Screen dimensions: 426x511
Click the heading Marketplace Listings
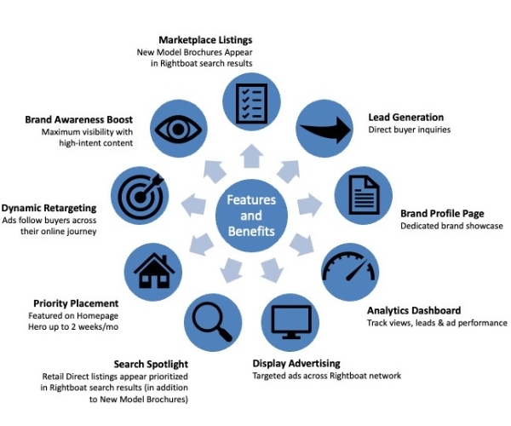click(205, 40)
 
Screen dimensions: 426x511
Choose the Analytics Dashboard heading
click(414, 310)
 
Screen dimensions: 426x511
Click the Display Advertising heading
click(296, 364)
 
